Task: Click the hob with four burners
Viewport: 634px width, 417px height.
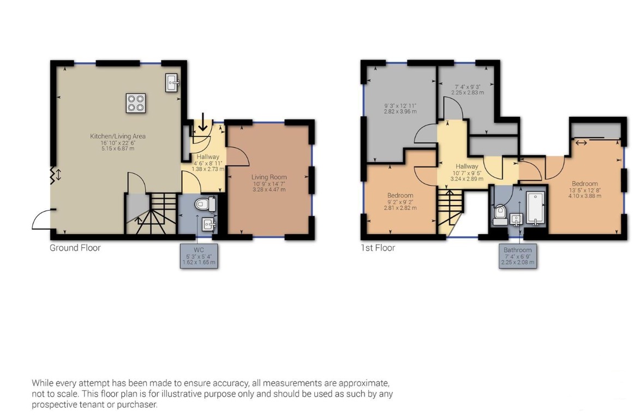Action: coord(135,103)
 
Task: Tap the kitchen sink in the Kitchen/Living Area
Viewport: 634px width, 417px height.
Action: coord(172,83)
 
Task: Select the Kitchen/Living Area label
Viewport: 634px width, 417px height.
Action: coord(118,136)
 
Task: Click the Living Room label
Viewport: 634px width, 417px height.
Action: coord(269,177)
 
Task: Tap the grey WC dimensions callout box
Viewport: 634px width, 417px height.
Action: coord(199,256)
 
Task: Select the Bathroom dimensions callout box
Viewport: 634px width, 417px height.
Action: coord(518,256)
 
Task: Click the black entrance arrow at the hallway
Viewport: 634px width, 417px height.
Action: coord(202,122)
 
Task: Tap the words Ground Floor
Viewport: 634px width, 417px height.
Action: coord(75,248)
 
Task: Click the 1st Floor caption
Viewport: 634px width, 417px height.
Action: coord(378,248)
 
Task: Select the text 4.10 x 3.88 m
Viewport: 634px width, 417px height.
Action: coord(585,196)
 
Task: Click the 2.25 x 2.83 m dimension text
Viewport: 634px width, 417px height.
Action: coord(468,92)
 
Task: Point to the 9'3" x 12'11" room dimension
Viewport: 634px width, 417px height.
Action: coord(400,105)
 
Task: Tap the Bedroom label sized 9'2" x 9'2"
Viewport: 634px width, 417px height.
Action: coord(400,195)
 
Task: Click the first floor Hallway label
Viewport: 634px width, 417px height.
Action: coord(466,166)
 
